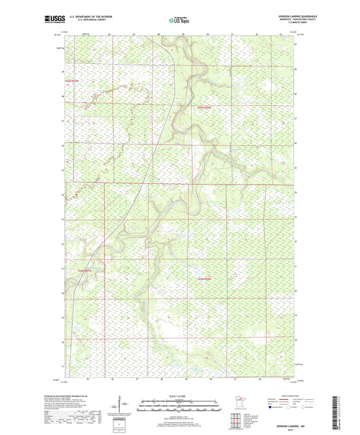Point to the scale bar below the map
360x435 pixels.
tap(180, 406)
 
